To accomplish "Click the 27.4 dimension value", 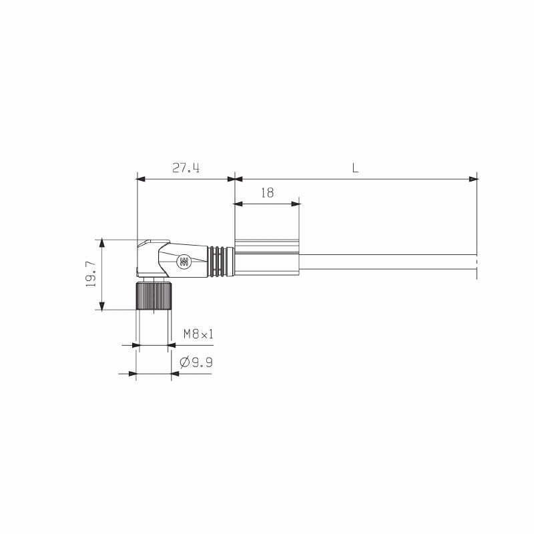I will (186, 168).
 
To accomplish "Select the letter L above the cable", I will (356, 168).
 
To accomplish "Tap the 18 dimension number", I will (267, 193).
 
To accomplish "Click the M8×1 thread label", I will (198, 334).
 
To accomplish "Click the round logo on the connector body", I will (183, 262).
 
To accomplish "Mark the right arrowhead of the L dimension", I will (473, 179).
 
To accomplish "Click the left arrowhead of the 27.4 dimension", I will (140, 179).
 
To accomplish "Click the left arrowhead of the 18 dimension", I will (239, 204).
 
